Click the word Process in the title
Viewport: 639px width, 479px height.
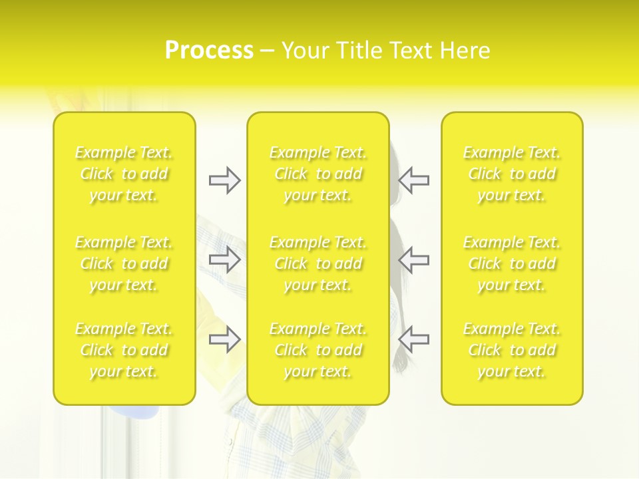(209, 51)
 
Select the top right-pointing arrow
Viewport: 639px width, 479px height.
(224, 180)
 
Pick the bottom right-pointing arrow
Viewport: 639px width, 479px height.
(224, 339)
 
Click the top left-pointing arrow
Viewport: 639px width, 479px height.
(414, 180)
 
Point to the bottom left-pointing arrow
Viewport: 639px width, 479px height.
(414, 339)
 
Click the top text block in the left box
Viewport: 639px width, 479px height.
(124, 174)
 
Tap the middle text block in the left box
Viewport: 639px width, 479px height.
(124, 263)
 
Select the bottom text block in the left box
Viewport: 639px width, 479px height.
(124, 350)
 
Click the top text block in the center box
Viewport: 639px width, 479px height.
(318, 174)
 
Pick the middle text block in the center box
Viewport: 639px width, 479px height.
(318, 263)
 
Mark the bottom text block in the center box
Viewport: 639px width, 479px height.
(318, 350)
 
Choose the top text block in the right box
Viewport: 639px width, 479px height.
(512, 174)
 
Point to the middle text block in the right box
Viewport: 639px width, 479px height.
(512, 263)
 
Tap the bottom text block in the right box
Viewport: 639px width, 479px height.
(512, 350)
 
